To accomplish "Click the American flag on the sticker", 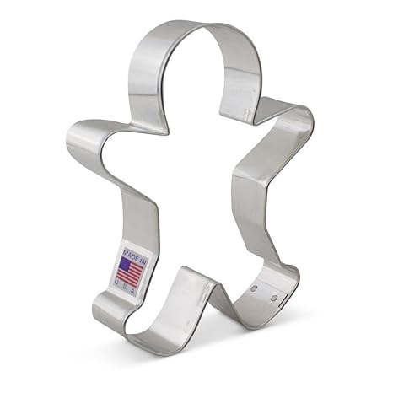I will click(x=130, y=272).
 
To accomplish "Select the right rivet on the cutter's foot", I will click(x=272, y=296).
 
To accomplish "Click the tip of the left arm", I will click(x=72, y=135).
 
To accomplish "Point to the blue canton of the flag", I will click(x=123, y=266).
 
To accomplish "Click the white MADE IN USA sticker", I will click(x=130, y=271).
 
